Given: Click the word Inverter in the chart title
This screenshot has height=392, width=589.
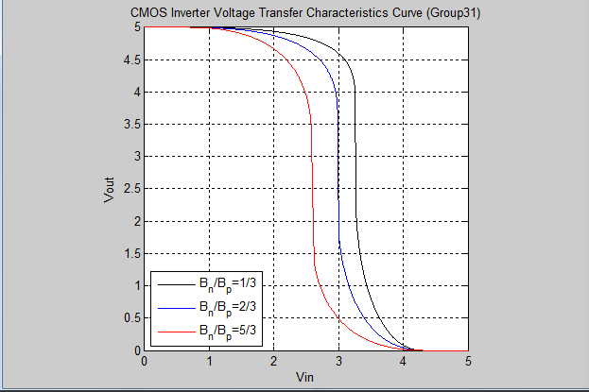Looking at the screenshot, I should (220, 13).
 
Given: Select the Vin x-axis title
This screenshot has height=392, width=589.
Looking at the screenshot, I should (305, 377).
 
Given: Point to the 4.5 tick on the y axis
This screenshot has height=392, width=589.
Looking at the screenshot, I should (130, 60).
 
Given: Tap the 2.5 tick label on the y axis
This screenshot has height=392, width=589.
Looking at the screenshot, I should (130, 189).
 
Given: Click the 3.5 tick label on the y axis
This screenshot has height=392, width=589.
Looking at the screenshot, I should (130, 125).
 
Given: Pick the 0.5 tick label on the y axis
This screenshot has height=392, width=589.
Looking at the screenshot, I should (130, 318).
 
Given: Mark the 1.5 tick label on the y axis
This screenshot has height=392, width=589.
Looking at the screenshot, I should (130, 254).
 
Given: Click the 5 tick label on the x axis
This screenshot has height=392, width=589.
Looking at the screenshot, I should (468, 361).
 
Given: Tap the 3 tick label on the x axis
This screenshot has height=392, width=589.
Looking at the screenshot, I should (338, 361).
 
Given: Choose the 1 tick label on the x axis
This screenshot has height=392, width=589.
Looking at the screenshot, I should (209, 361).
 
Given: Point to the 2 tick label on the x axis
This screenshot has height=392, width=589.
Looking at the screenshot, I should (273, 361).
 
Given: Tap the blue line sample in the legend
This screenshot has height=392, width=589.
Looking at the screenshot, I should (173, 307).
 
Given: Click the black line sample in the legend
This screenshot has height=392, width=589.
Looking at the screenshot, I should (173, 283).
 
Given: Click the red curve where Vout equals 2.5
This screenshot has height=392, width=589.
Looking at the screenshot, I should (311, 189).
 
